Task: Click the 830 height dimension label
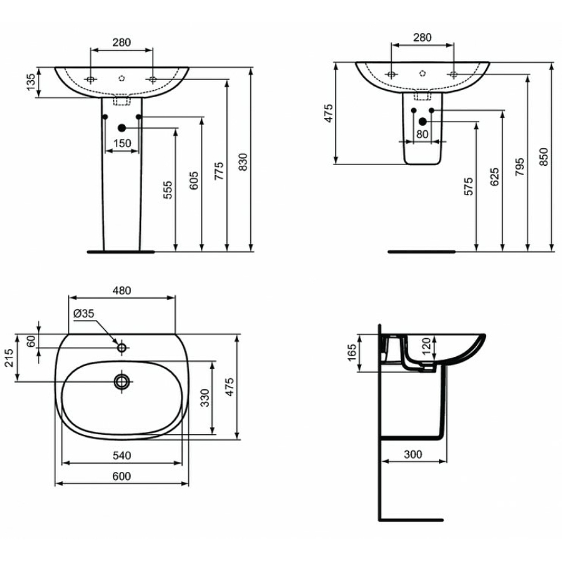coord(243,162)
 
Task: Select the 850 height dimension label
coord(544,156)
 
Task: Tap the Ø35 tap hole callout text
coord(83,313)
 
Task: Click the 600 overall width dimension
coord(122,476)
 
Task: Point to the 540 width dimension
coord(122,456)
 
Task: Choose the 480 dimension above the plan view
coord(122,290)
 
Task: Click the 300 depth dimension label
coord(413,454)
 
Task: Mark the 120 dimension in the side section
coord(426,346)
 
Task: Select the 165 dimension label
coord(352,353)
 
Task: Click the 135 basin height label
coord(31,82)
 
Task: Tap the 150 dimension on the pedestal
coord(122,143)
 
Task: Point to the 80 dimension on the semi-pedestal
coord(422,134)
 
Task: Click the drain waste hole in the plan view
coord(122,381)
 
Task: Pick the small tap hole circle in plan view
coord(122,347)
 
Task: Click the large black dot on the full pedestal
coord(122,127)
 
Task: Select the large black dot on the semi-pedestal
coord(423,121)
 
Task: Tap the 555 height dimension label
coord(168,190)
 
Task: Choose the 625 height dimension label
coord(494,177)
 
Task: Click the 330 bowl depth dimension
coord(205,398)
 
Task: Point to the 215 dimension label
coord(9,358)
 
